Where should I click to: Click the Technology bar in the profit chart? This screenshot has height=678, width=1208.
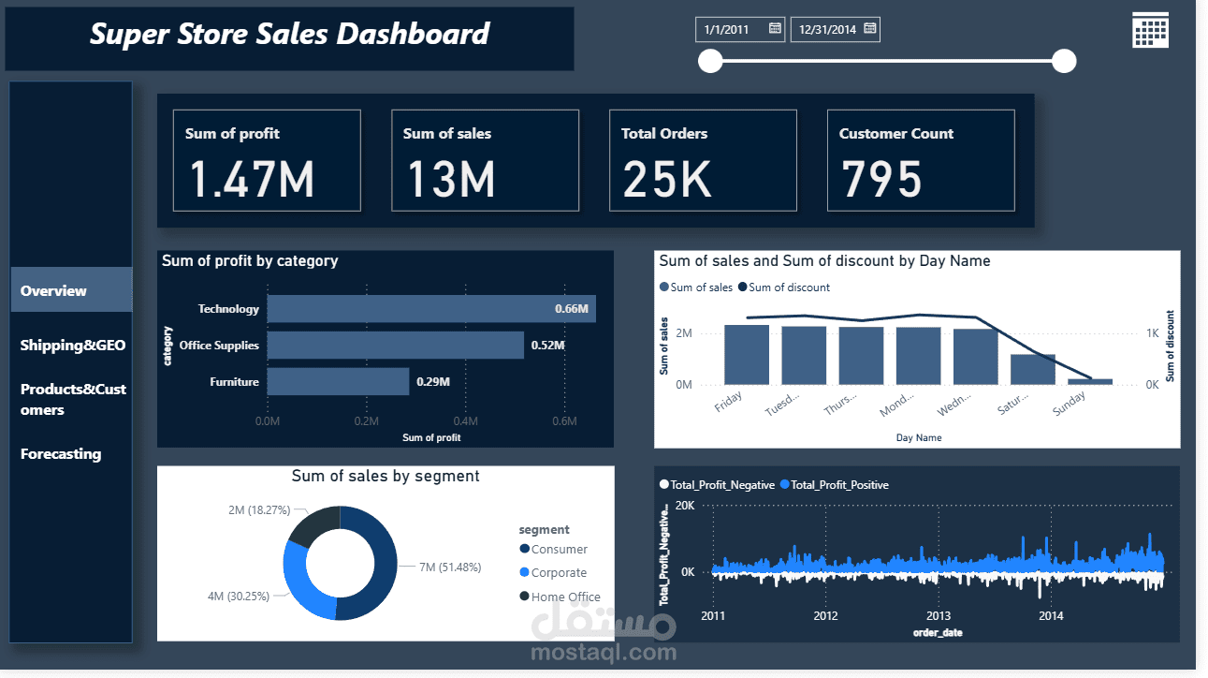pos(430,309)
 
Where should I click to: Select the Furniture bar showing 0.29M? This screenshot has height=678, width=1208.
pos(338,382)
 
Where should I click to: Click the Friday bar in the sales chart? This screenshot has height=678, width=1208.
pos(747,354)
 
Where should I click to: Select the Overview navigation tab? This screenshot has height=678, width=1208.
pos(71,290)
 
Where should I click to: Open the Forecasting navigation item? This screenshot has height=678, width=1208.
pos(61,454)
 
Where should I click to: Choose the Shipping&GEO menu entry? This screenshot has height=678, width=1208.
pos(72,346)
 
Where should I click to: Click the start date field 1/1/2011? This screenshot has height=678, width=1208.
pos(740,30)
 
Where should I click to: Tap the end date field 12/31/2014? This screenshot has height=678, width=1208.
pos(835,30)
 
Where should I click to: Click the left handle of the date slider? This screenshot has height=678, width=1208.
pos(711,62)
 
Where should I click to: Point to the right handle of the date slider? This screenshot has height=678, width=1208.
pos(1064,62)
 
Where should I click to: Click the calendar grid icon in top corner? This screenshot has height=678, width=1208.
pos(1150,30)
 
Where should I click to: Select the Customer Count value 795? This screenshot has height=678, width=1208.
pos(881,179)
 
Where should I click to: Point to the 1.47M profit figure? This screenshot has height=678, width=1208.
pos(252,179)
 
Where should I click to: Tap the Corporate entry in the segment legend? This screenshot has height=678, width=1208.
pos(559,573)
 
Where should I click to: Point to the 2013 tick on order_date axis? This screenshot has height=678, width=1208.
pos(939,616)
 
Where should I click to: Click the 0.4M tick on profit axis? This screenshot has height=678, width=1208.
pos(465,421)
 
